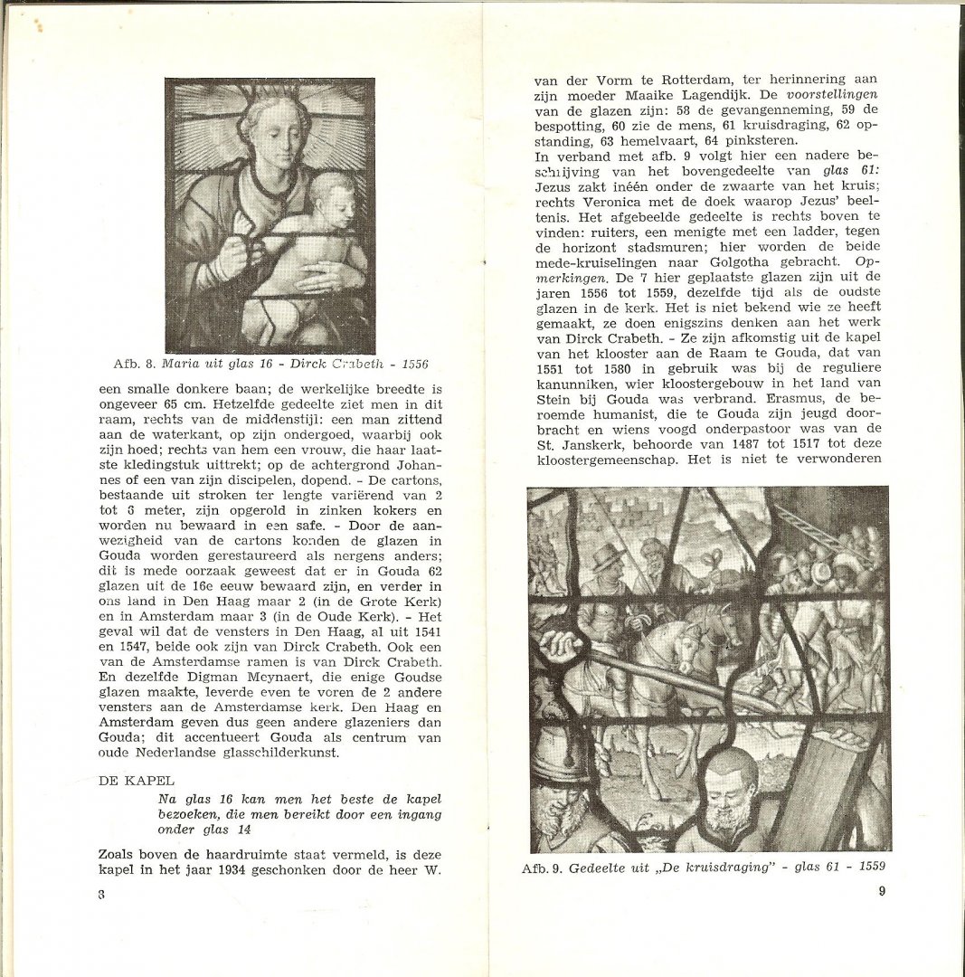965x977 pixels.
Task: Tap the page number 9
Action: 882,890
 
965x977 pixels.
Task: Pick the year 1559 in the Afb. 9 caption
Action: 866,867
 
